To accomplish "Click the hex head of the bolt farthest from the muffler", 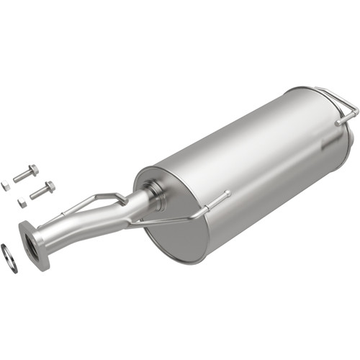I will pyautogui.click(x=34, y=170).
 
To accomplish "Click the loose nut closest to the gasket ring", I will pyautogui.click(x=22, y=202).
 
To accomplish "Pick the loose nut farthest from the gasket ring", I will pyautogui.click(x=6, y=186).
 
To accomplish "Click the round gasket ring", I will pyautogui.click(x=9, y=258).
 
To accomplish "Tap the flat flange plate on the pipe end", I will pyautogui.click(x=34, y=245).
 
